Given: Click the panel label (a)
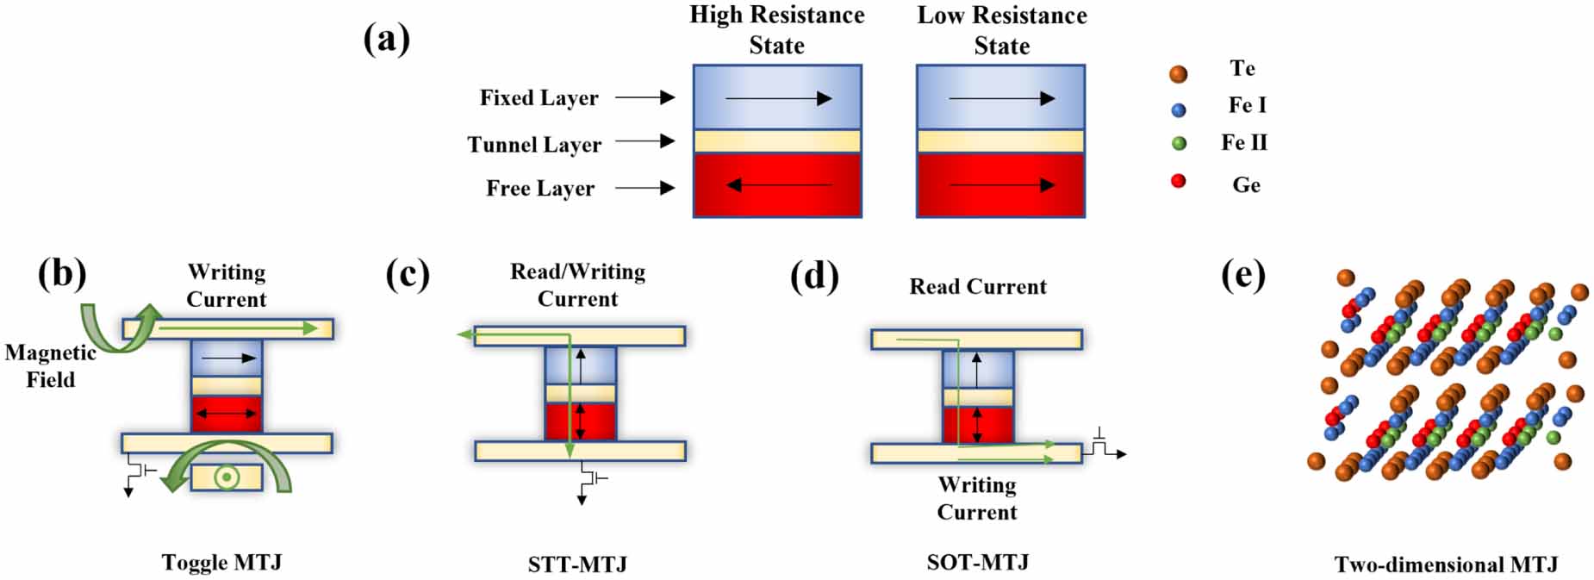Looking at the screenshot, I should pos(386,40).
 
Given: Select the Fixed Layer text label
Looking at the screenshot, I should pos(539,98).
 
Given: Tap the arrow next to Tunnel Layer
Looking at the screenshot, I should pos(644,140).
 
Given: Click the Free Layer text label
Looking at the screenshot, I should pos(539,188).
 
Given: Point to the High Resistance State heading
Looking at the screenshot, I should pos(776,30).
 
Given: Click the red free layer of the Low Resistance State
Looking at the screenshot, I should pos(999,184).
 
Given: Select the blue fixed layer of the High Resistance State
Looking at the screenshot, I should pos(776,97).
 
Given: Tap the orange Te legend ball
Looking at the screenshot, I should pos(1178,74).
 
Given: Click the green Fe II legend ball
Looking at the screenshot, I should pos(1179,144).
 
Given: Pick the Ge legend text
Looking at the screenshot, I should pos(1246,184).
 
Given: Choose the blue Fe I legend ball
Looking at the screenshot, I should pos(1179,109).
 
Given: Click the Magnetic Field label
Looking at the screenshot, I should pos(50,365).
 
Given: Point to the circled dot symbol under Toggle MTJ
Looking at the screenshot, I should pos(226,477).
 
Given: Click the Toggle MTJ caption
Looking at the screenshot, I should pos(221,562).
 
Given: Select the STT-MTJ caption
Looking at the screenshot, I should pos(577,564).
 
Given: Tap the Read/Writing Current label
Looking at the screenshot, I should pos(577,285).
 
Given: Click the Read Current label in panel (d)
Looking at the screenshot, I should pos(978,286).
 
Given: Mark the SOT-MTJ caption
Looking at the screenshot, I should pos(978,562).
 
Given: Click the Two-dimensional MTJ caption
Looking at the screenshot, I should pos(1446,564).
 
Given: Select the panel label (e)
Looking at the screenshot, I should pos(1242,276).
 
